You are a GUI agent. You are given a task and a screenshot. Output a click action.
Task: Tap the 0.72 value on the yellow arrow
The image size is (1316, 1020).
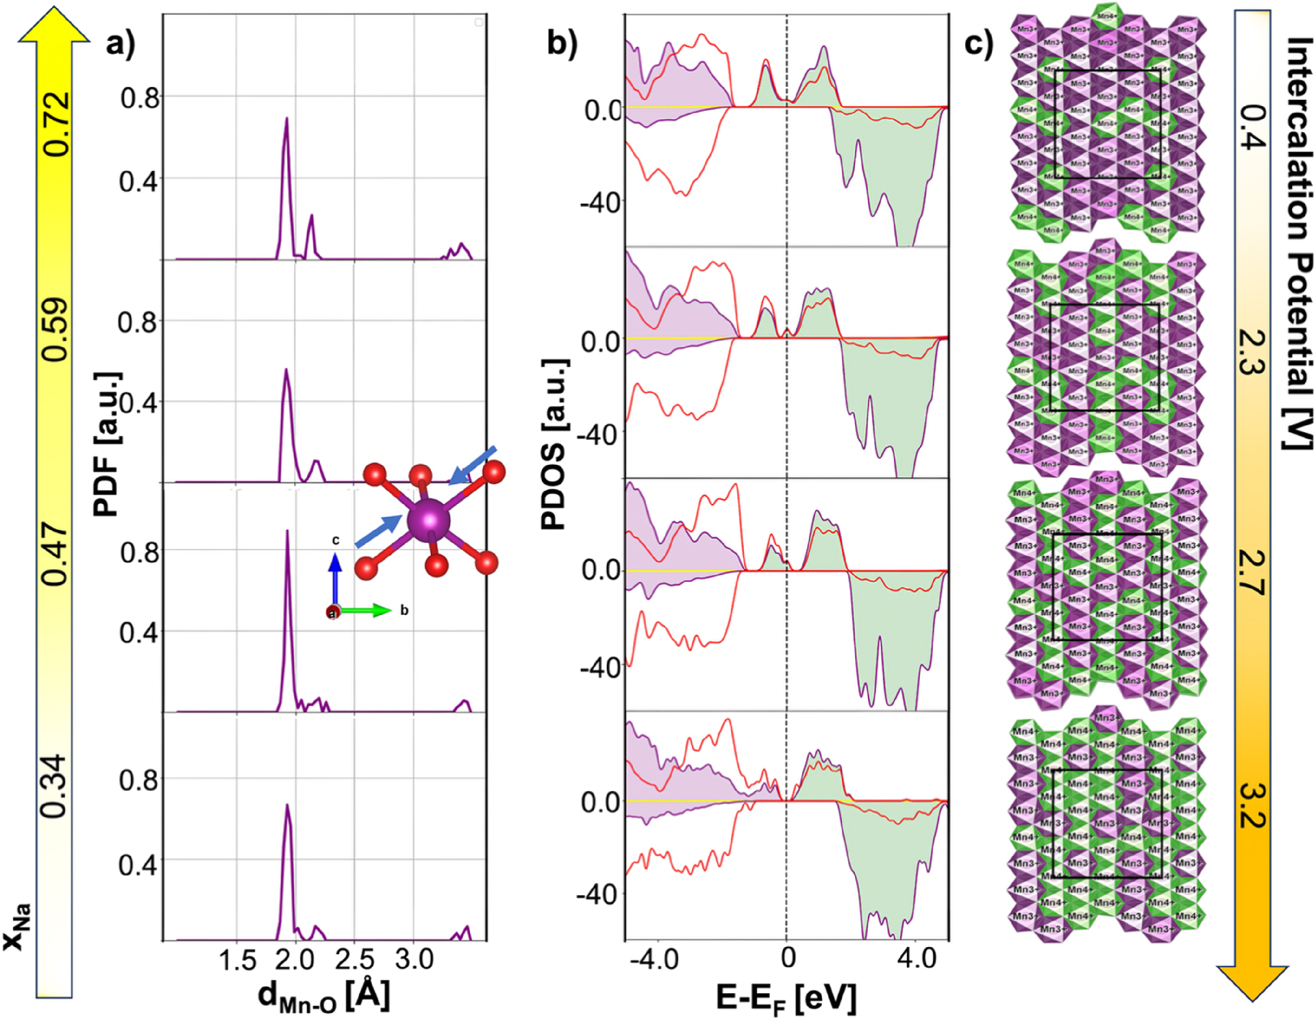pyautogui.click(x=56, y=124)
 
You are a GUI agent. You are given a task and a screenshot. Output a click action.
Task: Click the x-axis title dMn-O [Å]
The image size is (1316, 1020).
pyautogui.click(x=324, y=996)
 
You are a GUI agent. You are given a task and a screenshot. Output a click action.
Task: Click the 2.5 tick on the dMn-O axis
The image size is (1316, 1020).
pyautogui.click(x=355, y=960)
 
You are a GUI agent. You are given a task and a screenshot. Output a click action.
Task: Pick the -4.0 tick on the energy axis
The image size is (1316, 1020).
pyautogui.click(x=658, y=958)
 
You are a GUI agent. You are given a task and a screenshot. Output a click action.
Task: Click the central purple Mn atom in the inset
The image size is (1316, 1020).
pyautogui.click(x=429, y=520)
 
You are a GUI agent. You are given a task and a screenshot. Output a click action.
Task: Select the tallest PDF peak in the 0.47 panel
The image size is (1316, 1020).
pyautogui.click(x=287, y=534)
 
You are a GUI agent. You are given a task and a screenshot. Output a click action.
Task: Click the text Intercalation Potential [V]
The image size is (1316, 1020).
pyautogui.click(x=1298, y=241)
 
